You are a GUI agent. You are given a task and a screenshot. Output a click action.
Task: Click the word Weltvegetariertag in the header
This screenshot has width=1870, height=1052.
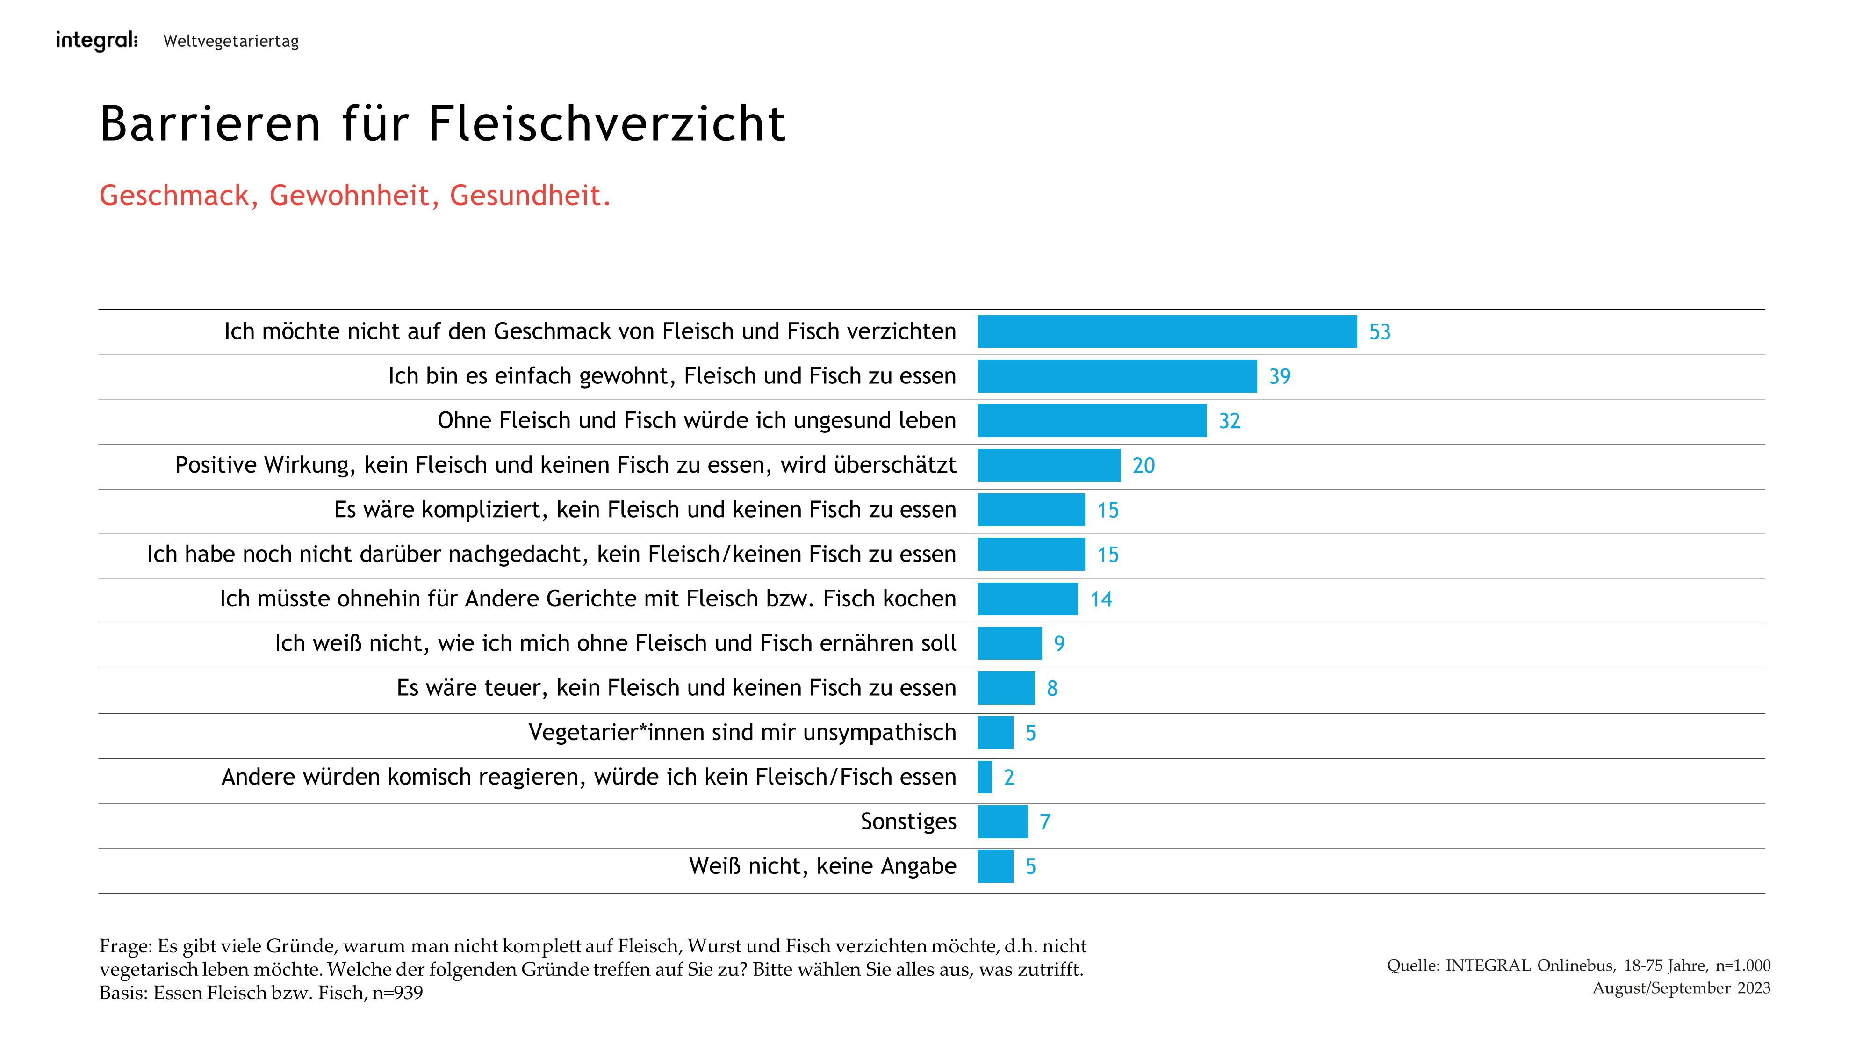pyautogui.click(x=231, y=42)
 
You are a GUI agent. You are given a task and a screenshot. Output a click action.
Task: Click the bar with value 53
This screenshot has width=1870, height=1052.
pyautogui.click(x=1166, y=332)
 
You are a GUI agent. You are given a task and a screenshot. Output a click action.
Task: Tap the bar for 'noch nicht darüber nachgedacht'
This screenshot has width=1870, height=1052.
pyautogui.click(x=1031, y=555)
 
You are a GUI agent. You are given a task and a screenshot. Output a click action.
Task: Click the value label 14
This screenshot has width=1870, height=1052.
pyautogui.click(x=1100, y=600)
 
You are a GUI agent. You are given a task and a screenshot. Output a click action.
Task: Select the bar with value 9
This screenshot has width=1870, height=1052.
pyautogui.click(x=1009, y=644)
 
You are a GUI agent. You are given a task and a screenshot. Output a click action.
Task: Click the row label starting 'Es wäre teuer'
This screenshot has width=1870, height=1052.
pyautogui.click(x=676, y=687)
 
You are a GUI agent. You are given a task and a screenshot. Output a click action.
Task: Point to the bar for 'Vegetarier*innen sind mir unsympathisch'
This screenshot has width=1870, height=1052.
pyautogui.click(x=995, y=733)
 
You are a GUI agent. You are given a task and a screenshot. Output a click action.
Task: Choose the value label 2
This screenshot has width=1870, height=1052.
pyautogui.click(x=1008, y=778)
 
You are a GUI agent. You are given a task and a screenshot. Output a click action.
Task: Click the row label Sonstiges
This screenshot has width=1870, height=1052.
pyautogui.click(x=908, y=821)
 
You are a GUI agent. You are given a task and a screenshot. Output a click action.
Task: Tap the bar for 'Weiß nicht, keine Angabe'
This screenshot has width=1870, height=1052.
pyautogui.click(x=995, y=866)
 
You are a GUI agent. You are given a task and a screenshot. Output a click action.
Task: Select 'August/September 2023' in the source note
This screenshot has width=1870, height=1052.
pyautogui.click(x=1681, y=988)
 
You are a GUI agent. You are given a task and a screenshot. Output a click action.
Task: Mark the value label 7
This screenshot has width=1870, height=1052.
pyautogui.click(x=1044, y=822)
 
